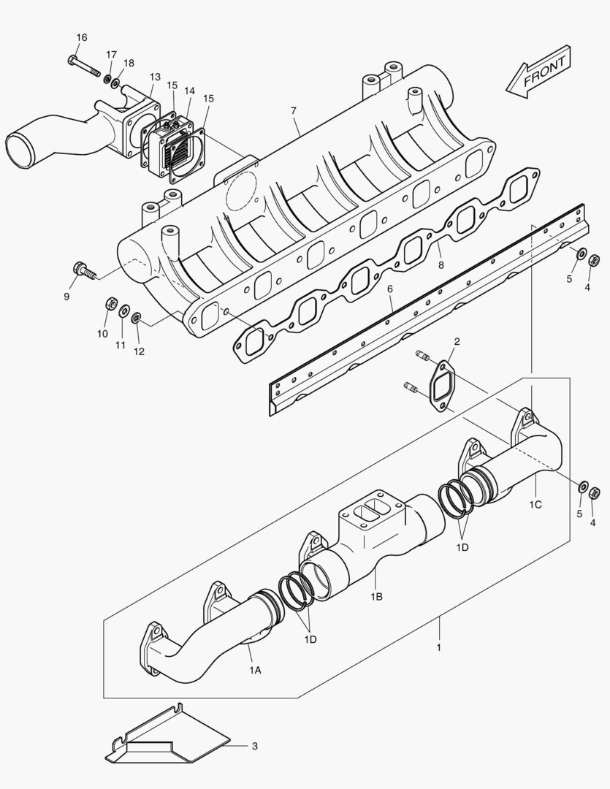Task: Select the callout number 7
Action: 293,111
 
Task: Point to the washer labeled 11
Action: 123,312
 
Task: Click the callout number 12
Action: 139,351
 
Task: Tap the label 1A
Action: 254,669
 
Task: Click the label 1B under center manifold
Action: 376,597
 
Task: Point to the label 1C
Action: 535,504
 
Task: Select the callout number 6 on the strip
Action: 390,289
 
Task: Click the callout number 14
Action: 189,91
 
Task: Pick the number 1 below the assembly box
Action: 438,647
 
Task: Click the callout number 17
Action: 111,55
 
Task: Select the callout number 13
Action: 155,77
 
